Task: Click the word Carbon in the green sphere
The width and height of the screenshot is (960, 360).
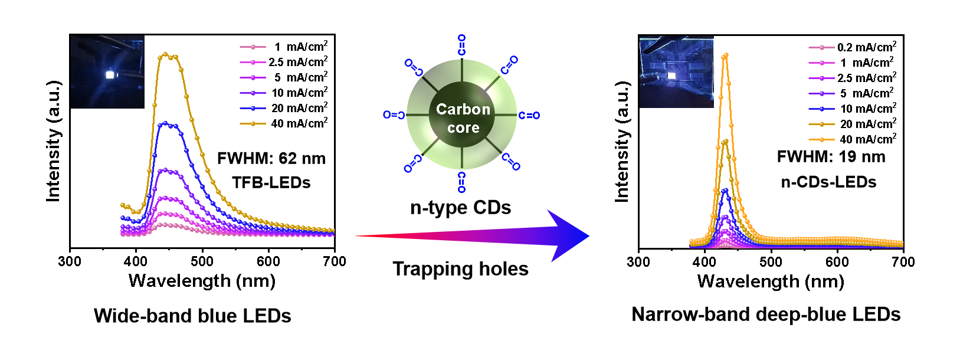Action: [x=463, y=109]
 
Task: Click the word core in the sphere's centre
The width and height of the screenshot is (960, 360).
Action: [x=463, y=128]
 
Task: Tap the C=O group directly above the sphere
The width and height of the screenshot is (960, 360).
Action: [x=461, y=45]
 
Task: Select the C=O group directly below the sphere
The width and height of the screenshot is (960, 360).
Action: [x=461, y=182]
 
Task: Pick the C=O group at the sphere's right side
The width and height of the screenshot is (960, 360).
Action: [x=529, y=116]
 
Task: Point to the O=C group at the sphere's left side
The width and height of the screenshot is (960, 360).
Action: [x=394, y=114]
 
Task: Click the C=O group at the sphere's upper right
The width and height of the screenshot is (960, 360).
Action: [x=509, y=65]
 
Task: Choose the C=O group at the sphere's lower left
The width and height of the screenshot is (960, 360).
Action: [x=412, y=163]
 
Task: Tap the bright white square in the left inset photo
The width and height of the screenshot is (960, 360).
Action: [x=109, y=75]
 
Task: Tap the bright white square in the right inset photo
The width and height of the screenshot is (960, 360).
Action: [x=671, y=76]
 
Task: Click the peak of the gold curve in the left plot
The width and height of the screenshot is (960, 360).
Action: [x=166, y=54]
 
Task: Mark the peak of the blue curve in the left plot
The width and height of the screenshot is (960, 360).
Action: [x=166, y=123]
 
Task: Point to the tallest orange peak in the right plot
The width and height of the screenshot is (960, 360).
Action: [x=725, y=55]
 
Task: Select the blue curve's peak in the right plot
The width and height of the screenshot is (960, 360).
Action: [x=725, y=190]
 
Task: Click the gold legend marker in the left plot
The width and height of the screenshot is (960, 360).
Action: [x=253, y=124]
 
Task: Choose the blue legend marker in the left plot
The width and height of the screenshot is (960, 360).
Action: [x=253, y=109]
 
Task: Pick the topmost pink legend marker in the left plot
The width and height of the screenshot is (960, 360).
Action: [x=253, y=47]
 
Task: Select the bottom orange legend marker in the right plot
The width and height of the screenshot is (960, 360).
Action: [x=822, y=140]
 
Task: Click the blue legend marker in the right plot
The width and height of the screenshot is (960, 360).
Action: [x=822, y=109]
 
